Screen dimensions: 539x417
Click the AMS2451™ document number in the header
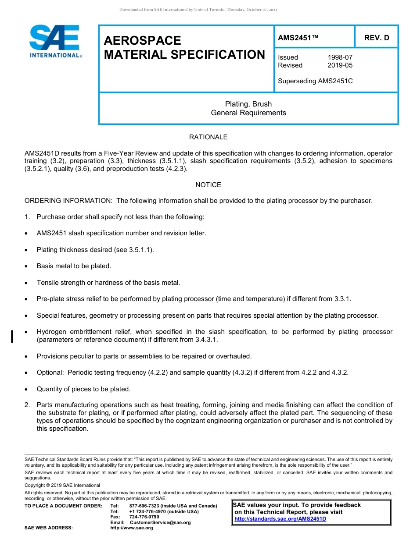click(298, 38)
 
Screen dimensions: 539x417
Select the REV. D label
click(376, 38)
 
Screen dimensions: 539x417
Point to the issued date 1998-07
click(340, 57)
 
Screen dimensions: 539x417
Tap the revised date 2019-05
click(340, 65)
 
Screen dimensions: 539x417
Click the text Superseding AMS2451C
click(315, 81)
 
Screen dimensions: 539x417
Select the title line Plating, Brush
click(248, 104)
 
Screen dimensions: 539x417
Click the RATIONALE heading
click(208, 137)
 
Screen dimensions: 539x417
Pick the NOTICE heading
click(208, 185)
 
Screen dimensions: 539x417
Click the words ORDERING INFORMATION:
click(69, 201)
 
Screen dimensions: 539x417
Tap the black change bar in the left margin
click(12, 336)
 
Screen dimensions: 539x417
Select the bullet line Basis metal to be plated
click(74, 266)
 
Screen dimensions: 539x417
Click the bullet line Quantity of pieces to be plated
click(83, 389)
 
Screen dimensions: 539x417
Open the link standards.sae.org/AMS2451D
click(280, 519)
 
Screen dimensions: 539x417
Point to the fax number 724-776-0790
click(144, 517)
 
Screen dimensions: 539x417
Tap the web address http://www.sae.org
click(131, 528)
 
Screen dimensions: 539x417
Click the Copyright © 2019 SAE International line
click(62, 485)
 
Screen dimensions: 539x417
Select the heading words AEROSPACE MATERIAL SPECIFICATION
click(184, 47)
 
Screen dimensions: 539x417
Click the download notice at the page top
click(198, 10)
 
